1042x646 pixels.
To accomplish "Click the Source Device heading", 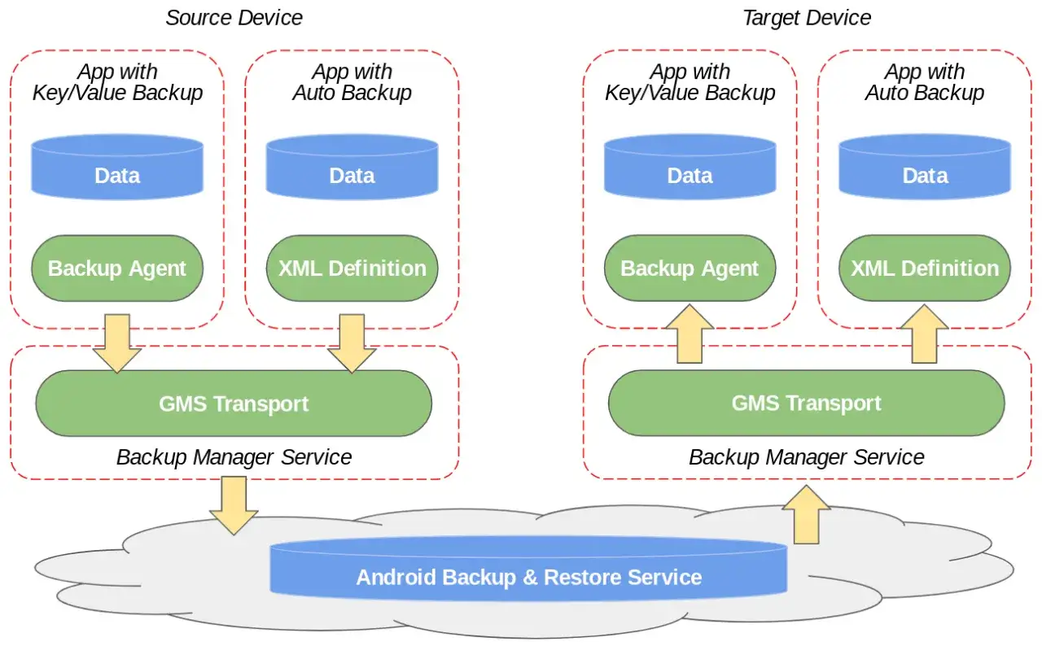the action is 234,18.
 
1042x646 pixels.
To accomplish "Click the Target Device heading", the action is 807,18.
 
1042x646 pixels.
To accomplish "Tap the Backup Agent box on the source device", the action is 117,268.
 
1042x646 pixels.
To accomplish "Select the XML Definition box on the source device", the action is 352,268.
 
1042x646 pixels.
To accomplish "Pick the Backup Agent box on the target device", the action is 690,268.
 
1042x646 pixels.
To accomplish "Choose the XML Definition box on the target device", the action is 925,268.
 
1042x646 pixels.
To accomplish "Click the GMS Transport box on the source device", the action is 234,404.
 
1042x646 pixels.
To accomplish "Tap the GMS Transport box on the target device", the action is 806,403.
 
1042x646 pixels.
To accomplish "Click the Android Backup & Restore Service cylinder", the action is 528,568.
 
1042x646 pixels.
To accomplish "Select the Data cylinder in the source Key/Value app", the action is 117,168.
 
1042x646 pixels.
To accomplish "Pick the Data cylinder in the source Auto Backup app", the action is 352,168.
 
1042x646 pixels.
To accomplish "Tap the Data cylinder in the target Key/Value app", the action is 690,168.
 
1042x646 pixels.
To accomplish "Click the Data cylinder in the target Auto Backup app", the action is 925,168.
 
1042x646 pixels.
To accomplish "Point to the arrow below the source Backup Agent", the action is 117,344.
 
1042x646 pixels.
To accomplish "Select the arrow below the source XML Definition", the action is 352,344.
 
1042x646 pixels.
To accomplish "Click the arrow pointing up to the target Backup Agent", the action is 690,334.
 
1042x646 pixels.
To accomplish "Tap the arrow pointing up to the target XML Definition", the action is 925,334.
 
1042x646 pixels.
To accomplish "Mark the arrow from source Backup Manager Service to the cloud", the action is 234,505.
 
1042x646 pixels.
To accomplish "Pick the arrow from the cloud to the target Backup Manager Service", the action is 806,514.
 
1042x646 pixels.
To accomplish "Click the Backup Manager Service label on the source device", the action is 234,457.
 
